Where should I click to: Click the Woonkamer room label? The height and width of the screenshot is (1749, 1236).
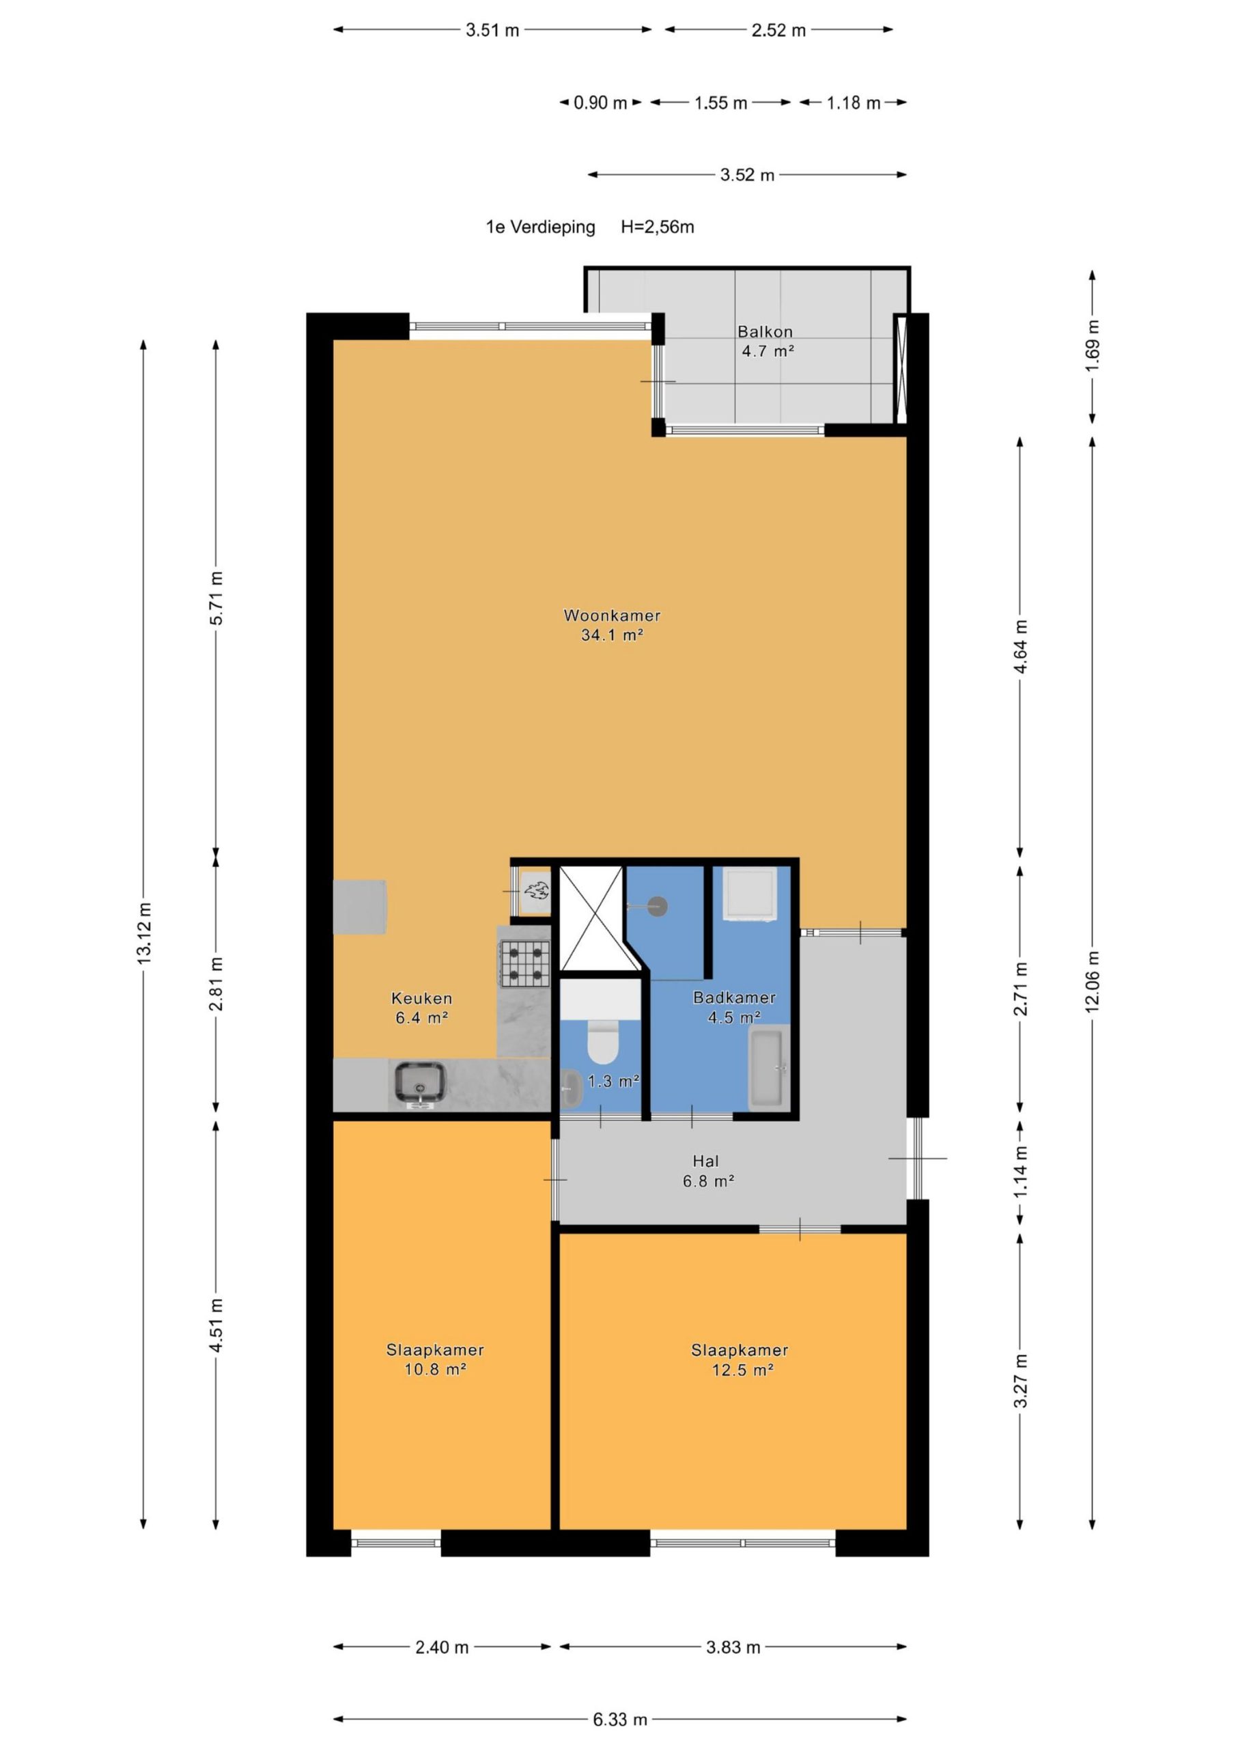[612, 615]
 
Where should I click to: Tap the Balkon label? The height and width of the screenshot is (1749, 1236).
[765, 331]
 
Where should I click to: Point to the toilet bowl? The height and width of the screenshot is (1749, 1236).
[603, 1042]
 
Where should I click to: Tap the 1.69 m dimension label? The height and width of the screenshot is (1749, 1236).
[1092, 346]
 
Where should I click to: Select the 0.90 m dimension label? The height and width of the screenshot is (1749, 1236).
[600, 103]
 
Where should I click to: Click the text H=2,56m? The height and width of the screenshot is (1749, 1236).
[657, 227]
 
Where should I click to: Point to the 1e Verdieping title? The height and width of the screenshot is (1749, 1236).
[541, 227]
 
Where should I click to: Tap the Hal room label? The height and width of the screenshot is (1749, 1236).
[705, 1161]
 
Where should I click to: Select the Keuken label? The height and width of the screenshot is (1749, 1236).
[422, 998]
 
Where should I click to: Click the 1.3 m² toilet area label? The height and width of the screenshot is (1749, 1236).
[613, 1080]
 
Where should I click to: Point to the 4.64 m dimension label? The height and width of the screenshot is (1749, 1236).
[1020, 646]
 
